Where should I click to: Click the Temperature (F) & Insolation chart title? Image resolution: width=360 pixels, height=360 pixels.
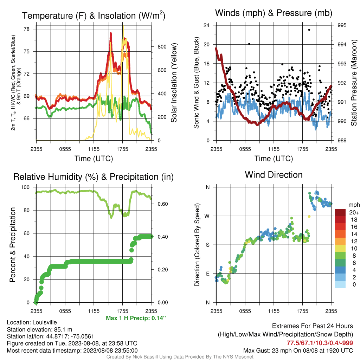tap(94, 15)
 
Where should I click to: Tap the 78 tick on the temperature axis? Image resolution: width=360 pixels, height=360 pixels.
tap(27, 29)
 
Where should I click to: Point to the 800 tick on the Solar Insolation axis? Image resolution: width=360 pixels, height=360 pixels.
tap(162, 47)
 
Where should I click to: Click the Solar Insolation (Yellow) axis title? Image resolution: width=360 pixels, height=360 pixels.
tap(174, 83)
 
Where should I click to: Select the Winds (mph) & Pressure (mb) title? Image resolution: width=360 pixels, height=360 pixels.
tap(274, 13)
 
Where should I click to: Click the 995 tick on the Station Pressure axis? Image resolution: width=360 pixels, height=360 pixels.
tap(342, 25)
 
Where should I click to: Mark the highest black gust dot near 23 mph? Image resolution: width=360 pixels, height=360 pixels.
tap(309, 30)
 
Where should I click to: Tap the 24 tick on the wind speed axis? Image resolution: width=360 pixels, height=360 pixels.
tap(206, 25)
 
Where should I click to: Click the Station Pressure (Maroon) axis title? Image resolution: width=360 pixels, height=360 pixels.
tap(354, 83)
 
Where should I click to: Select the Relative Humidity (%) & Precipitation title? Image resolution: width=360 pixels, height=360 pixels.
tap(94, 177)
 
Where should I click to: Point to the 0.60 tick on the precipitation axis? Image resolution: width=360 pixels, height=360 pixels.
tap(163, 204)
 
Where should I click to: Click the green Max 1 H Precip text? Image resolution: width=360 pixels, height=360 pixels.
tap(136, 318)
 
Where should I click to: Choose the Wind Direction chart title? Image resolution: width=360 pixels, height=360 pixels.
tap(274, 175)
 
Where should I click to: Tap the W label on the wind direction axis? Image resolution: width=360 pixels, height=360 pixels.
tap(207, 216)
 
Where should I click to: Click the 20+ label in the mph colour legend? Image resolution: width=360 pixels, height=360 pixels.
tap(354, 213)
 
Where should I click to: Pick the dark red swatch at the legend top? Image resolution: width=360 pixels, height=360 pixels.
tap(340, 212)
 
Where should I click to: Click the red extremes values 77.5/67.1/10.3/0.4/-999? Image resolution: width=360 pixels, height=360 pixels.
tap(320, 343)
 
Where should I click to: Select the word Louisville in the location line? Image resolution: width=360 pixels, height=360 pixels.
tap(45, 322)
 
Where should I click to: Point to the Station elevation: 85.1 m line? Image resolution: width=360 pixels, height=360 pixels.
tap(39, 329)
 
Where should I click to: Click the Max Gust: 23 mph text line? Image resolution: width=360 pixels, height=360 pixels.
tap(298, 351)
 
